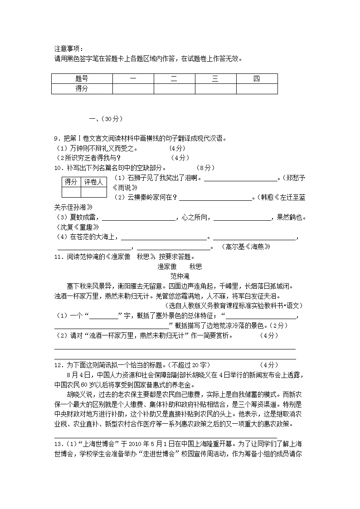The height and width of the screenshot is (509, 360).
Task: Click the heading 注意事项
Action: click(69, 49)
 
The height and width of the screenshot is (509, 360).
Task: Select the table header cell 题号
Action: click(82, 79)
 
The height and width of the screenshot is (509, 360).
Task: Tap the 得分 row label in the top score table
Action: click(82, 89)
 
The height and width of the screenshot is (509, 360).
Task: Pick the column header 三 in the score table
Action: click(215, 79)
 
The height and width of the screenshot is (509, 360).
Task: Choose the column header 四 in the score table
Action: click(257, 79)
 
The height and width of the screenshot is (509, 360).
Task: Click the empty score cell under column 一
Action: click(133, 89)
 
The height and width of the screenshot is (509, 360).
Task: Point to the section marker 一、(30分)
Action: click(106, 119)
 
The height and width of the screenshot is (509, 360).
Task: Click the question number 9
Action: click(57, 139)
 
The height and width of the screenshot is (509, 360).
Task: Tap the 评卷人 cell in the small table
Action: click(94, 182)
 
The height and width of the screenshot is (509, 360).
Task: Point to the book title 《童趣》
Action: click(84, 227)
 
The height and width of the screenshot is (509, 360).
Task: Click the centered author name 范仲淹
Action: click(180, 276)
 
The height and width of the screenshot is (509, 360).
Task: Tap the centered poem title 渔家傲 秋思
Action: click(180, 267)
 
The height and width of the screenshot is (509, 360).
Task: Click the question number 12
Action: click(58, 365)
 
